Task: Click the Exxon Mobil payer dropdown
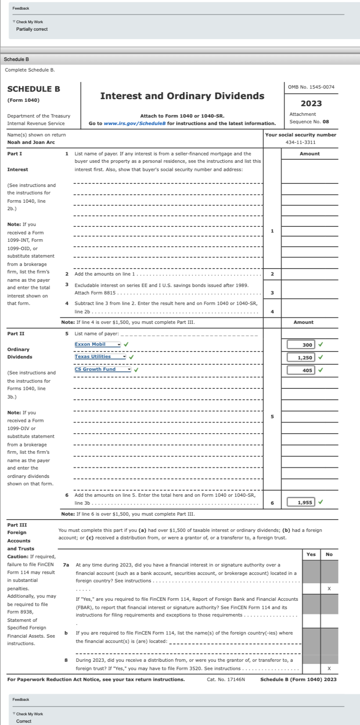pyautogui.click(x=97, y=345)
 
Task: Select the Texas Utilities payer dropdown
pyautogui.click(x=100, y=357)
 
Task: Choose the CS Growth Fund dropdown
pyautogui.click(x=103, y=370)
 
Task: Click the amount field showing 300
pyautogui.click(x=301, y=345)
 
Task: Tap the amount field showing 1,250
pyautogui.click(x=301, y=358)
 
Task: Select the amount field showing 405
pyautogui.click(x=301, y=370)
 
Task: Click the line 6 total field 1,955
pyautogui.click(x=301, y=502)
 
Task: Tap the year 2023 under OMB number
pyautogui.click(x=311, y=104)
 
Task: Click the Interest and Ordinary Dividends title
pyautogui.click(x=182, y=96)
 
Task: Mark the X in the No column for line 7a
pyautogui.click(x=329, y=589)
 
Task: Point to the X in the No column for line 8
pyautogui.click(x=329, y=668)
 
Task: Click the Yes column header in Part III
pyautogui.click(x=311, y=554)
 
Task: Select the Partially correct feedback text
pyautogui.click(x=32, y=29)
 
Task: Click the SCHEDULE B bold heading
pyautogui.click(x=34, y=89)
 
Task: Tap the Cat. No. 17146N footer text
pyautogui.click(x=226, y=679)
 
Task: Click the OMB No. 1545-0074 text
pyautogui.click(x=311, y=87)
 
